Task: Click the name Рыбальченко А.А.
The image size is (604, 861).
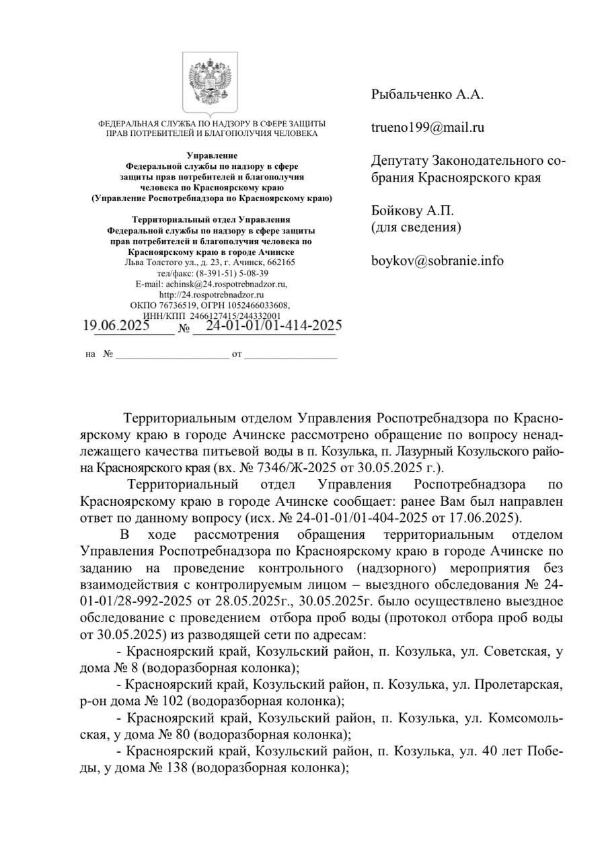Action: [x=427, y=95]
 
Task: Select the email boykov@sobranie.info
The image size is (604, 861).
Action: [x=437, y=261]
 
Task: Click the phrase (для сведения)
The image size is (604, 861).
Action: [x=416, y=227]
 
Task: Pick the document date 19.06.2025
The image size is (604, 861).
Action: [x=116, y=326]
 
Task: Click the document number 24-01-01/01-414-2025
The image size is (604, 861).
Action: [x=274, y=326]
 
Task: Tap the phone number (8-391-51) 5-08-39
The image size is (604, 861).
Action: [x=232, y=273]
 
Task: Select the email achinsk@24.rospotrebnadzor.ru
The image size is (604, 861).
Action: [x=227, y=284]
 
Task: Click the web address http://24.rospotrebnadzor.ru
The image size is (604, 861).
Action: [x=211, y=295]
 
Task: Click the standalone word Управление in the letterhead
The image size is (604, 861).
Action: [x=212, y=155]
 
